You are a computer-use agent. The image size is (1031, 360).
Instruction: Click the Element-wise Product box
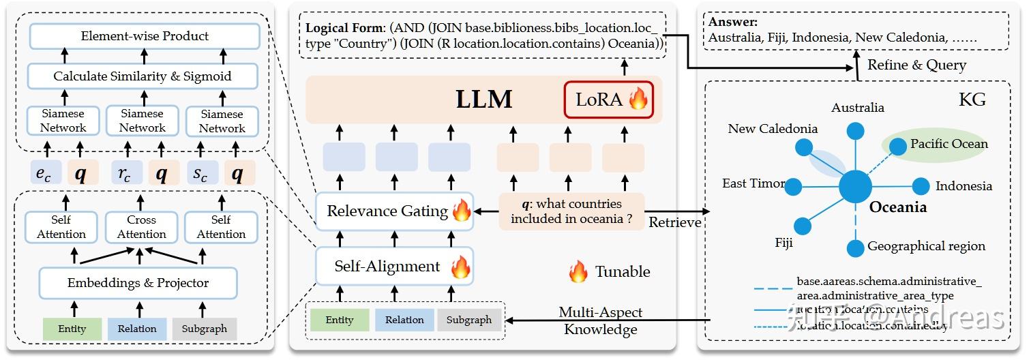144,36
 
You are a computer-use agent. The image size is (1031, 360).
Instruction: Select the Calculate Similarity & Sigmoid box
143,76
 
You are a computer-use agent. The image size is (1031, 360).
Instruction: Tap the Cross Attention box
141,227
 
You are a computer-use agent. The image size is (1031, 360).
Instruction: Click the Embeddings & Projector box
138,283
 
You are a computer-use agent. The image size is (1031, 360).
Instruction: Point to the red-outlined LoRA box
608,100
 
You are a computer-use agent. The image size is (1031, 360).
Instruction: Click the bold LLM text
484,100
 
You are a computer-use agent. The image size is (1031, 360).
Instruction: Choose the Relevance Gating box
394,211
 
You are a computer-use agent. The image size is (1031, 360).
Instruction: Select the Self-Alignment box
394,266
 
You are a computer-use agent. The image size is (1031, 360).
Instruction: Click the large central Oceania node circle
855,186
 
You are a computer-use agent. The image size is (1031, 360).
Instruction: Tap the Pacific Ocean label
948,144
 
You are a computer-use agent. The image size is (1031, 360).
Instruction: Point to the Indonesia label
963,186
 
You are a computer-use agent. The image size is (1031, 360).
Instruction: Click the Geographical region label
926,246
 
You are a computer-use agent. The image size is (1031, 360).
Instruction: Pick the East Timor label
753,183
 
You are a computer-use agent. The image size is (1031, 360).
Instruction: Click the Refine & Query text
916,65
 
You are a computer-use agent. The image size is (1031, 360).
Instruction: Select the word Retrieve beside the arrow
674,222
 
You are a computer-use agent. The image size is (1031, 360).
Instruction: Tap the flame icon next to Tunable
578,272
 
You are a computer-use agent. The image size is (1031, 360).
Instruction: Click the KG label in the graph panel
972,100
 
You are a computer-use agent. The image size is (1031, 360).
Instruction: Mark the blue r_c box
125,175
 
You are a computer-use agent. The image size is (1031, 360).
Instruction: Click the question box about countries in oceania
571,211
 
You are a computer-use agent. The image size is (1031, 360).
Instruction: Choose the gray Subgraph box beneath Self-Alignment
468,320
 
